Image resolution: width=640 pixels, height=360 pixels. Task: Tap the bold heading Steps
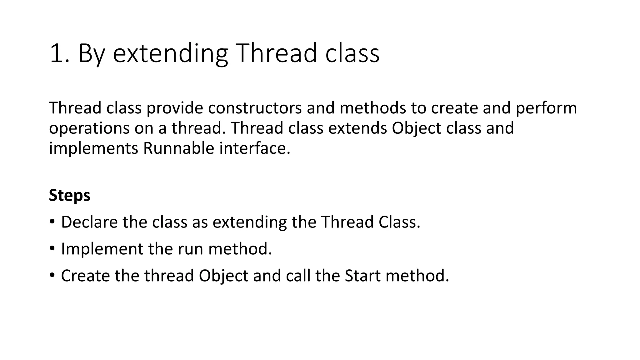69,196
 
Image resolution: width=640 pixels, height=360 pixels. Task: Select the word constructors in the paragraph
255,108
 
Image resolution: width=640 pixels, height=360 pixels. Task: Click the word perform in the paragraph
546,108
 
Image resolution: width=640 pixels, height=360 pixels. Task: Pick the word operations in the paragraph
89,128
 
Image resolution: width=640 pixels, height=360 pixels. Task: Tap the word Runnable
178,148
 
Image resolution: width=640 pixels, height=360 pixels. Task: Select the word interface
255,148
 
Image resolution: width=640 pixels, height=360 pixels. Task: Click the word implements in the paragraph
93,148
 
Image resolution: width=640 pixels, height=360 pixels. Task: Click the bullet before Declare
52,222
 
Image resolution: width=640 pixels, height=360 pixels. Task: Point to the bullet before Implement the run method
52,248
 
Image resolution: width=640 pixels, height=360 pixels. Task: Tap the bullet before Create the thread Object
52,275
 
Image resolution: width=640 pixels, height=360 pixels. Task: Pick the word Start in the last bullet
362,276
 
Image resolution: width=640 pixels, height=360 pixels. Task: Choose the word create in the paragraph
454,108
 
